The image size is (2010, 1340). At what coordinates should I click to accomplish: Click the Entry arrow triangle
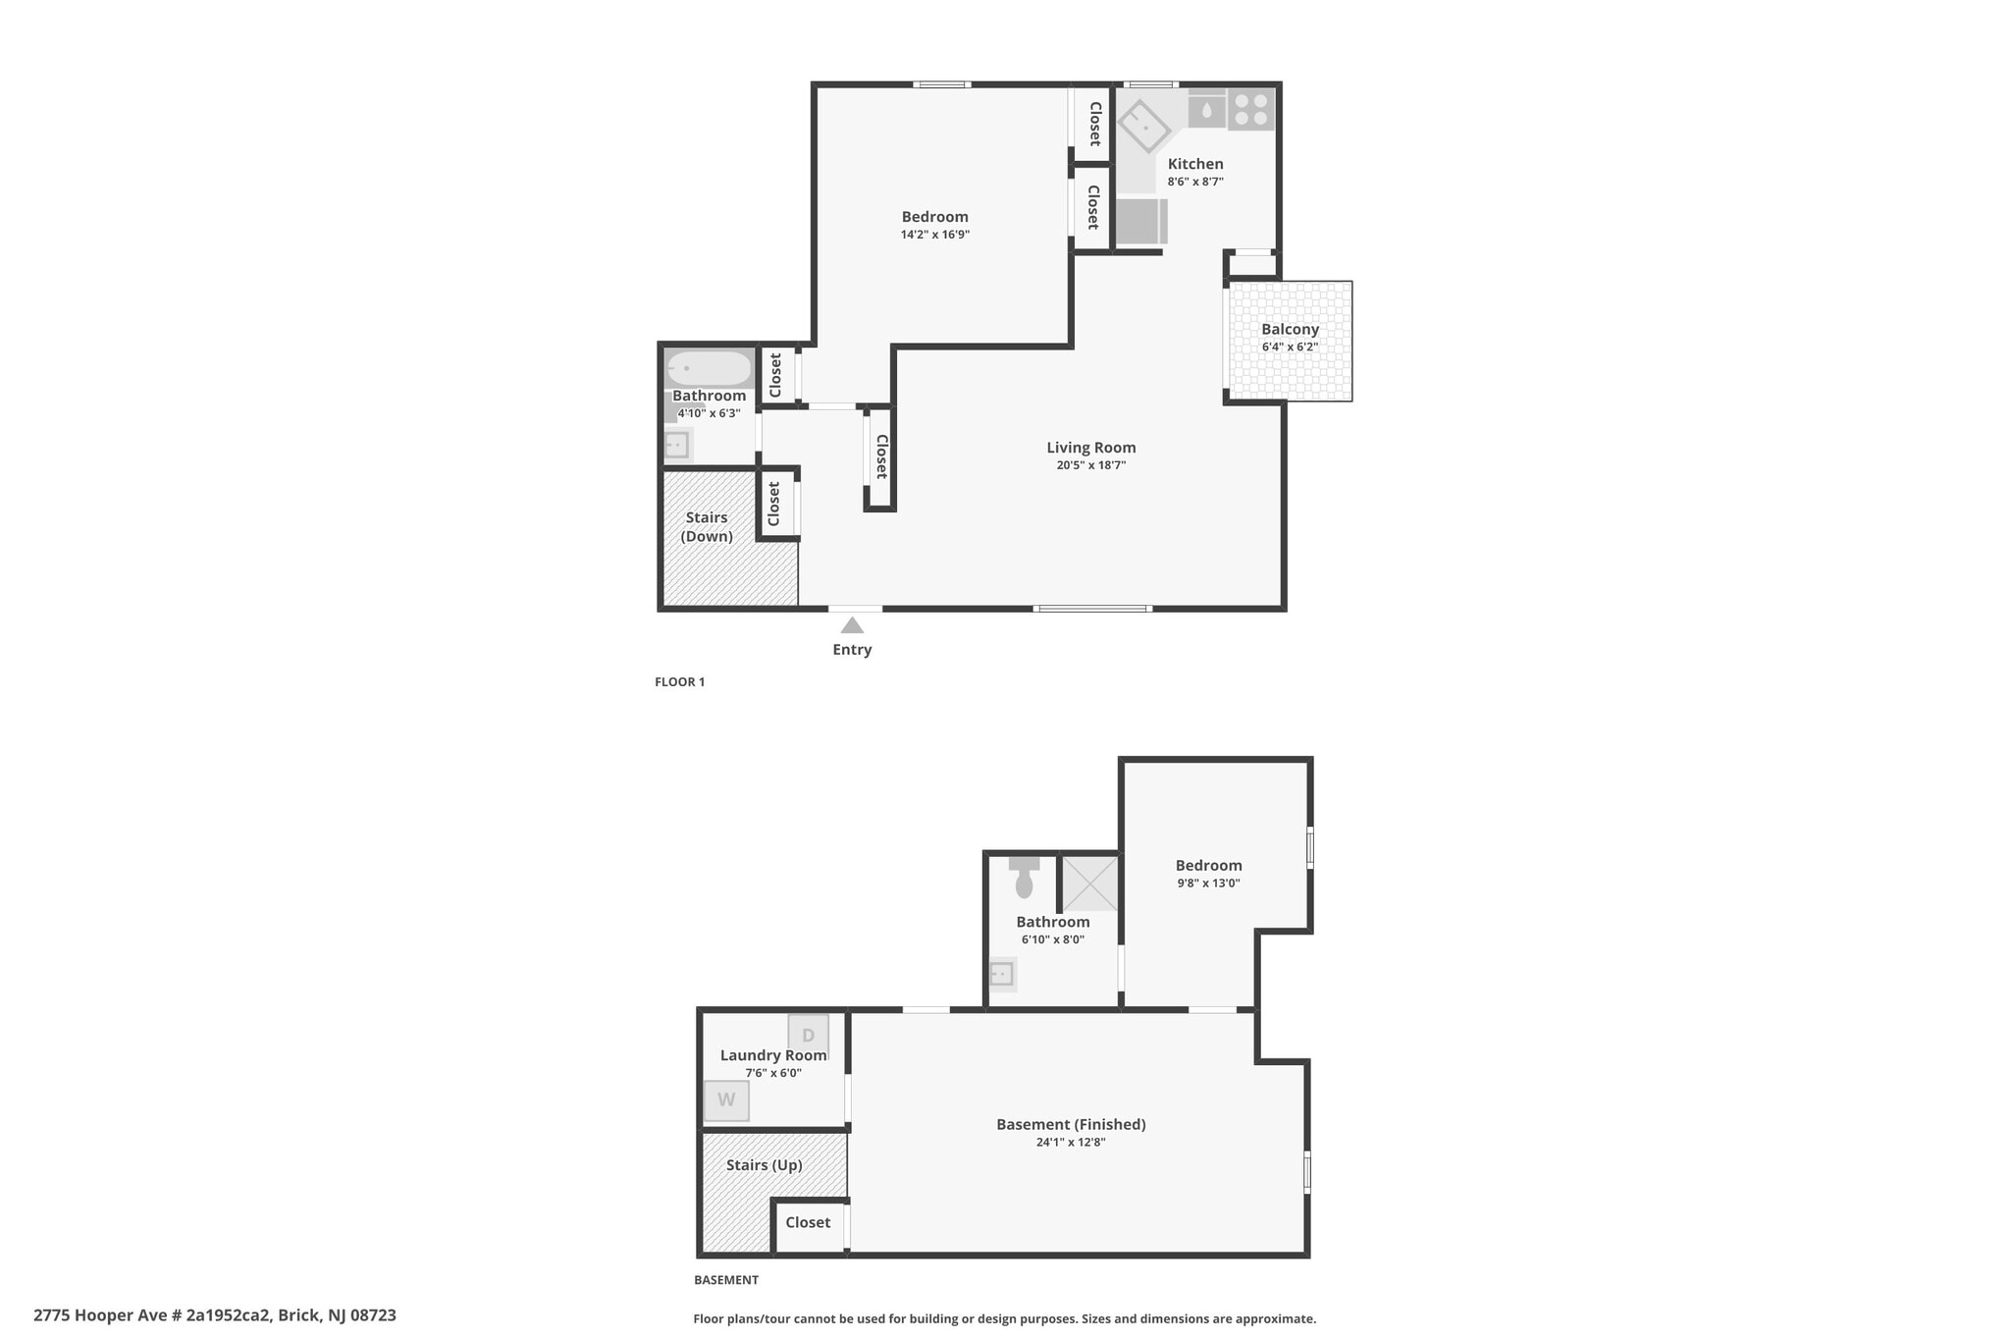pos(852,625)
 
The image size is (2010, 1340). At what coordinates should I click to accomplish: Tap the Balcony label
pos(1290,329)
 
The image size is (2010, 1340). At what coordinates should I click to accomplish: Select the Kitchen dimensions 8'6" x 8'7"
pos(1195,182)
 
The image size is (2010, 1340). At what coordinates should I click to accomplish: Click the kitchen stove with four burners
pos(1250,110)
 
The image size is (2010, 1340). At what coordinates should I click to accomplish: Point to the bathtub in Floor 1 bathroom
pos(709,369)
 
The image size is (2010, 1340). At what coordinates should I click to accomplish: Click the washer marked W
pos(726,1099)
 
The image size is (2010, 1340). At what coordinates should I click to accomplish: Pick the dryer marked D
pos(809,1035)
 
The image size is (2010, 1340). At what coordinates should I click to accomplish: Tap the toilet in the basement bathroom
pos(1024,876)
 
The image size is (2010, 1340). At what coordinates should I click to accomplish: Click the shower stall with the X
pos(1090,883)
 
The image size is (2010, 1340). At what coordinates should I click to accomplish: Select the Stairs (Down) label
pos(707,526)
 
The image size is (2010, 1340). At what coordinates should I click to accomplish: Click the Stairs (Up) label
pos(765,1165)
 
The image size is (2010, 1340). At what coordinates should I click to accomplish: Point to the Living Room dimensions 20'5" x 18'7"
pos(1090,465)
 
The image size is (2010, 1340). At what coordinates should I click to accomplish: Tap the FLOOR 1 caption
pos(679,681)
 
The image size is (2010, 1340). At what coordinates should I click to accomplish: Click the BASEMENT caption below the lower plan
pos(725,1279)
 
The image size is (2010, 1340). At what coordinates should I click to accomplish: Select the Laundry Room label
pos(773,1055)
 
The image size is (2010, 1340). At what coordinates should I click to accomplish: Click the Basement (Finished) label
pos(1071,1124)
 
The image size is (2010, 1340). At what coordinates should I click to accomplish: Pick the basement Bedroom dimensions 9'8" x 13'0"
pos(1208,883)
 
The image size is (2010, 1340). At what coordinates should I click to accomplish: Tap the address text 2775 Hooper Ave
pos(214,1314)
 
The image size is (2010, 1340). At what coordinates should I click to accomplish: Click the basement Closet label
pos(808,1222)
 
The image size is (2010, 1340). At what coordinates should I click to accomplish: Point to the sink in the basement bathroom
pos(1001,974)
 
